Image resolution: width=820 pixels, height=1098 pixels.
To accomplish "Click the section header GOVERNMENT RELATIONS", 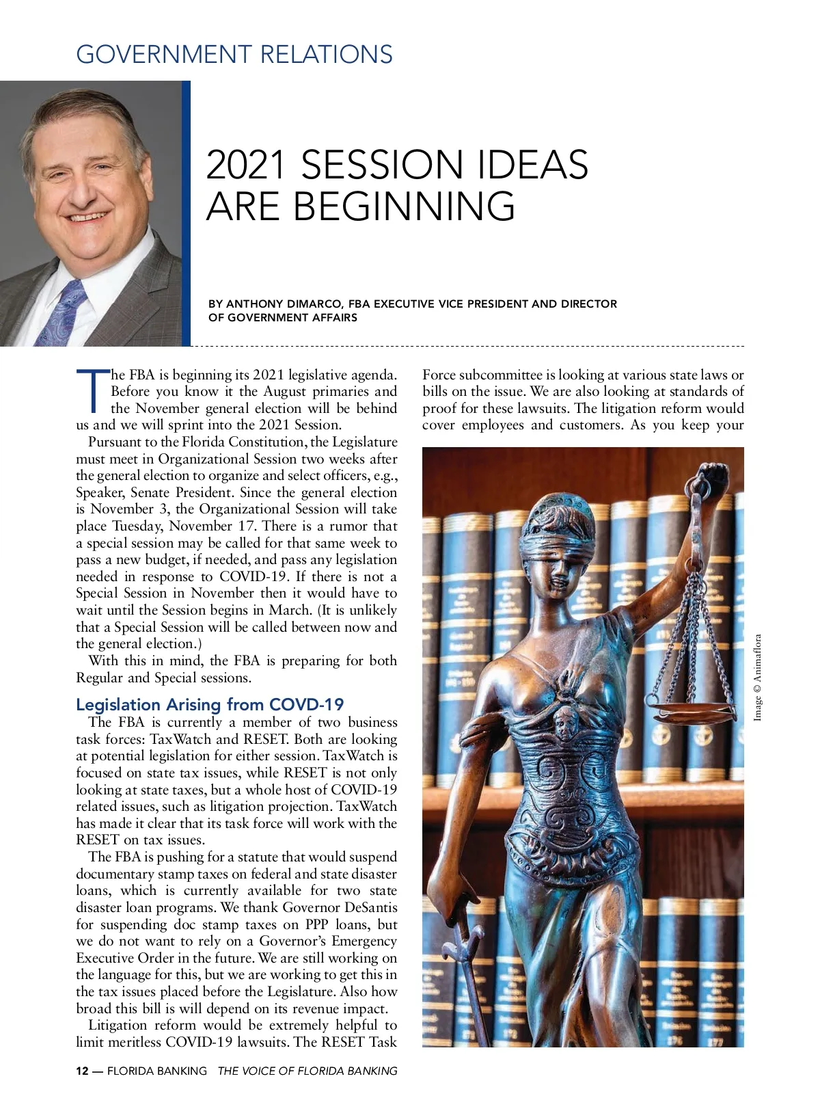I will point(234,54).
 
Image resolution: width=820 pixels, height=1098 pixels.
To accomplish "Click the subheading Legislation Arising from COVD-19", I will point(210,704).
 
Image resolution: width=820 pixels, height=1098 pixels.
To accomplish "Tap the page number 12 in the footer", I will point(82,1071).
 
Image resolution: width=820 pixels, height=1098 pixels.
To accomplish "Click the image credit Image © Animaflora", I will point(757,678).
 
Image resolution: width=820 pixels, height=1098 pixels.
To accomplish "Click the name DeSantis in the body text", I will point(370,907).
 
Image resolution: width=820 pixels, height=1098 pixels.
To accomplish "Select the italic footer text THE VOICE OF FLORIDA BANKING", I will point(307,1071).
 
